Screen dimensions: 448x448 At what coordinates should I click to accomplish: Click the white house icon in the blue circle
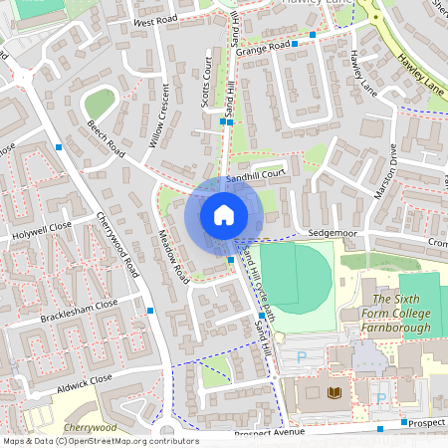click(224, 215)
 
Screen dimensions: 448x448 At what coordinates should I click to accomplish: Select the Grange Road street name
click(264, 45)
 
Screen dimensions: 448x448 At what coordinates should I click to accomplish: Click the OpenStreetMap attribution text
click(100, 441)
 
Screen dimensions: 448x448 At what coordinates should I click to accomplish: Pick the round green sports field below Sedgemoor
click(296, 276)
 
